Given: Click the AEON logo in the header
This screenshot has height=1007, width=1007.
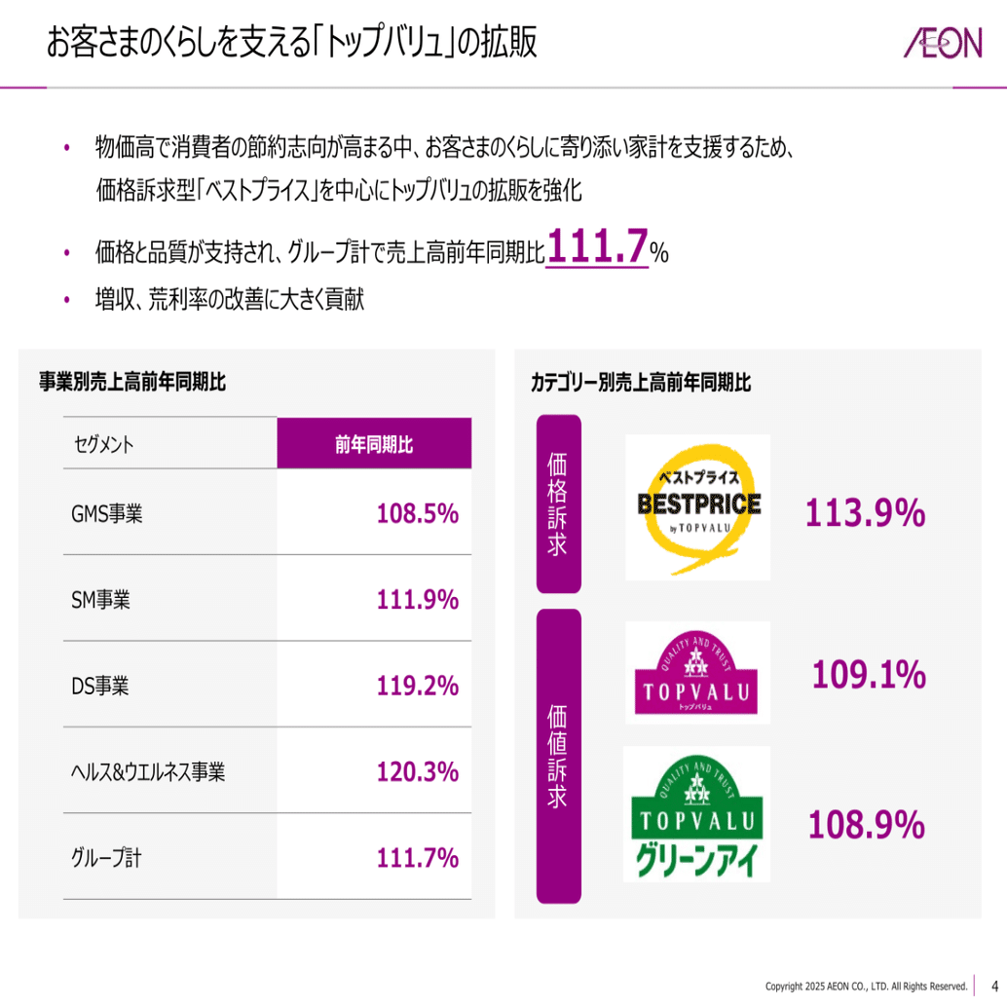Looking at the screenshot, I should pos(942,45).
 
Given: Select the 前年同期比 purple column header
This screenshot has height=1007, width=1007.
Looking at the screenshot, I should pos(374,444).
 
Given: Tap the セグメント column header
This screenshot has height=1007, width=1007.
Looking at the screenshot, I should pos(104,445).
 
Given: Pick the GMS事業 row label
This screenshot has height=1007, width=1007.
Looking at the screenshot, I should pos(107,513).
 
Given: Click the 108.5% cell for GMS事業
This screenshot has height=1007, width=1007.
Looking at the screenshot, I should pos(418,513).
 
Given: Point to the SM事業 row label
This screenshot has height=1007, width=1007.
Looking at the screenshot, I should pos(101,600).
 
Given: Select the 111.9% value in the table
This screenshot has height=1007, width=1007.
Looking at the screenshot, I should pos(418,600).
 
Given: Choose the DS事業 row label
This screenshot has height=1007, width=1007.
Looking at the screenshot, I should pos(100,686).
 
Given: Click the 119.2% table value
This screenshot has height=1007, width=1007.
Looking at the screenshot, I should pos(418,686).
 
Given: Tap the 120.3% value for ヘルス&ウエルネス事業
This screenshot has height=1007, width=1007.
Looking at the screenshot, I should pos(418,772).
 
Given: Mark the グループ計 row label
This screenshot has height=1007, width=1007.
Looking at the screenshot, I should pos(106,858).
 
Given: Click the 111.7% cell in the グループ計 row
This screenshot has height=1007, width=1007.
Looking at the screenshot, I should pos(418,858).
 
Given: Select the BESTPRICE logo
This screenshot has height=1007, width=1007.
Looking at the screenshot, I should pos(697,506).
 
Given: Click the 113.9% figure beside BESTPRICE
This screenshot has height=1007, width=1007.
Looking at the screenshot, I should pos(865,513).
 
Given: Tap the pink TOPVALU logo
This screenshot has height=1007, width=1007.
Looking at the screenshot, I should pos(696,673).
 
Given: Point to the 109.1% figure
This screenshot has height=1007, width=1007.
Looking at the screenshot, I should pos(868,674).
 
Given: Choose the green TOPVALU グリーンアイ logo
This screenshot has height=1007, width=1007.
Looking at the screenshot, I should pos(696,814).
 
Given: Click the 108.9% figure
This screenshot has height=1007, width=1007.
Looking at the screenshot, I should pos(866,825).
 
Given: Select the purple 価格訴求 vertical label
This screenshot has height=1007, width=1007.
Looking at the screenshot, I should pos(558,503).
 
